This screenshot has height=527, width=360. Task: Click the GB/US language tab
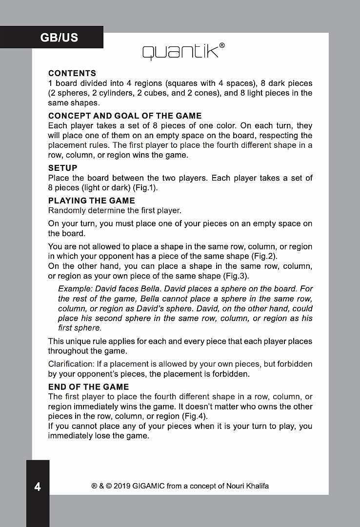(59, 38)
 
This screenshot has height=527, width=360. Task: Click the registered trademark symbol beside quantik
(222, 45)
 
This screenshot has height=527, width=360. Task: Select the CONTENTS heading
(72, 74)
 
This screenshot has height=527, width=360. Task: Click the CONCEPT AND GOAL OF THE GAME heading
(125, 116)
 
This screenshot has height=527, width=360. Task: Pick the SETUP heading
(62, 168)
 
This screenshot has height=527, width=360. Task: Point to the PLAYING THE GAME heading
(91, 201)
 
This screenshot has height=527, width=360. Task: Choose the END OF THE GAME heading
(88, 387)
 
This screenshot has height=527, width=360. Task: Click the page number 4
(38, 486)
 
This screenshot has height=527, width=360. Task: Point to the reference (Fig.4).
(195, 416)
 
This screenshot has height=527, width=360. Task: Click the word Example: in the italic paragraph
(75, 289)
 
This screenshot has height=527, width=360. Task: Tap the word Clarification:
(71, 365)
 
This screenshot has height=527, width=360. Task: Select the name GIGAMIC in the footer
(145, 486)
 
